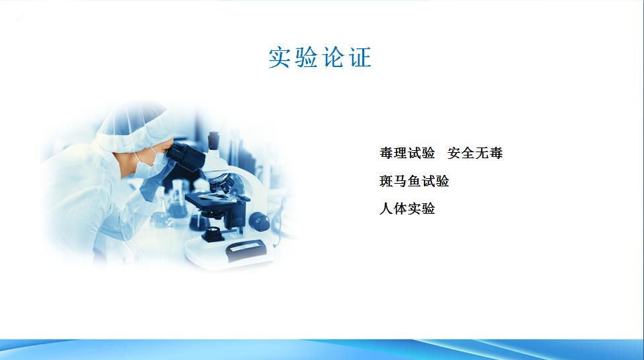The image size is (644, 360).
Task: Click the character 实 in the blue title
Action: click(x=279, y=57)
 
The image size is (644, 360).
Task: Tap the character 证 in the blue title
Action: click(x=360, y=57)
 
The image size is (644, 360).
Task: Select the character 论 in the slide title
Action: click(x=333, y=57)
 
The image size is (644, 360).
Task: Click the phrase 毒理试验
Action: click(x=407, y=153)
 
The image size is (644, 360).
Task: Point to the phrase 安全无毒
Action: click(x=475, y=153)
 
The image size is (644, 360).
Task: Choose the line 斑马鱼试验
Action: click(x=414, y=181)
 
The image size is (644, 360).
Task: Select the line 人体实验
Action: click(x=407, y=208)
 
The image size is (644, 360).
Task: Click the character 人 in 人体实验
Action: click(x=386, y=208)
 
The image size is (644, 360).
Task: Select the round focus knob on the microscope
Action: click(x=259, y=223)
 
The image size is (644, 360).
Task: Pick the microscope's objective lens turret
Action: click(x=220, y=182)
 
